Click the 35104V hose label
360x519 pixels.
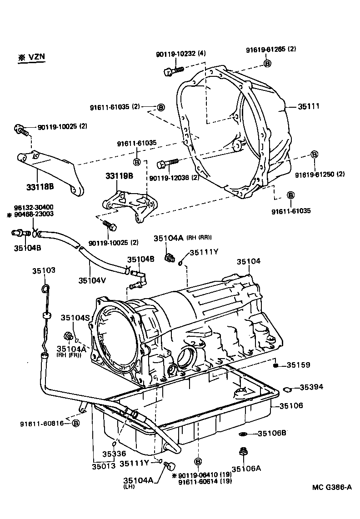(92, 280)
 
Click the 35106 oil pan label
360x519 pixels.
(291, 405)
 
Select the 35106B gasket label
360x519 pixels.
(272, 433)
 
